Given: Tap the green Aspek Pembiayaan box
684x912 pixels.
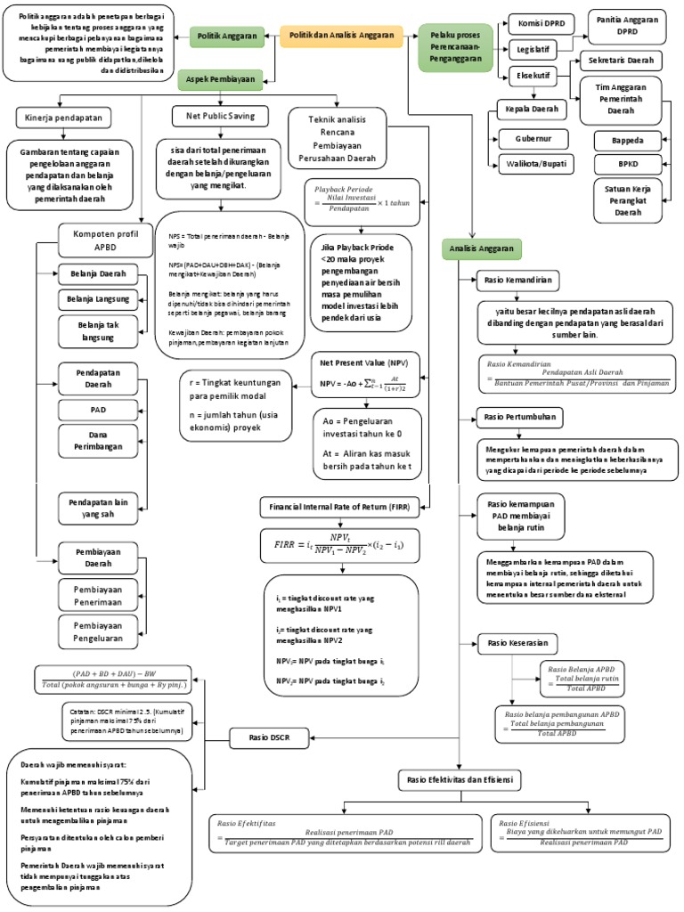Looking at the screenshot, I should (x=220, y=79).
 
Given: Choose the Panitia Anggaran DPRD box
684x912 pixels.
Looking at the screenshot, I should (x=626, y=24).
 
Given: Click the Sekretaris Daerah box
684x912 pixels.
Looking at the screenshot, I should (x=621, y=61).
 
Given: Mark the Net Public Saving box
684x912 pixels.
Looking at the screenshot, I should (x=220, y=116).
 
